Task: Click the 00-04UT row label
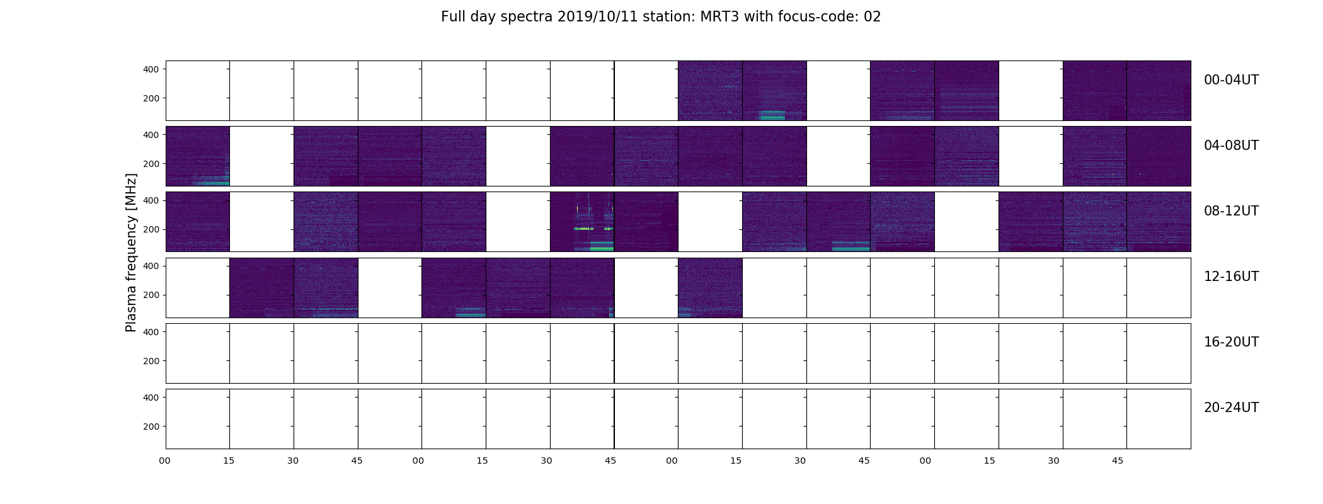(1231, 80)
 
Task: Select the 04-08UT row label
(1231, 146)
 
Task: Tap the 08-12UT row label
(1231, 211)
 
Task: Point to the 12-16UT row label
(1231, 277)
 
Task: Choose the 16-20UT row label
(1231, 342)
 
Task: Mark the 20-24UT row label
(1231, 408)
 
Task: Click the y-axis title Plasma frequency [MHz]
(131, 253)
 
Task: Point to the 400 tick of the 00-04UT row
(151, 69)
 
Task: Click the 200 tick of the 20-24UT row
(151, 427)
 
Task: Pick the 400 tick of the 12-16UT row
(151, 266)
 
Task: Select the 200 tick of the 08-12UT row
(151, 229)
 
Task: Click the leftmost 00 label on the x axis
(165, 461)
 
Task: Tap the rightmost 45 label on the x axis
(1118, 461)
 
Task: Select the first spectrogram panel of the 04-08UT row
(197, 156)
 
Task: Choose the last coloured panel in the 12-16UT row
(710, 287)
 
